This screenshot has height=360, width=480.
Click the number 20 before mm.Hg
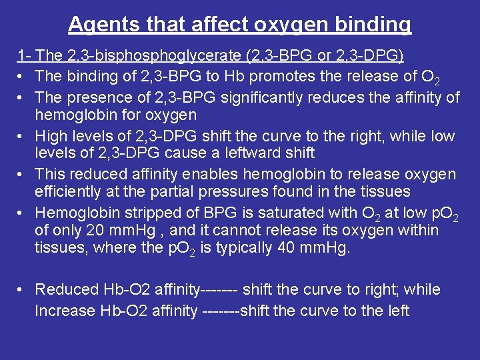pyautogui.click(x=94, y=231)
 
